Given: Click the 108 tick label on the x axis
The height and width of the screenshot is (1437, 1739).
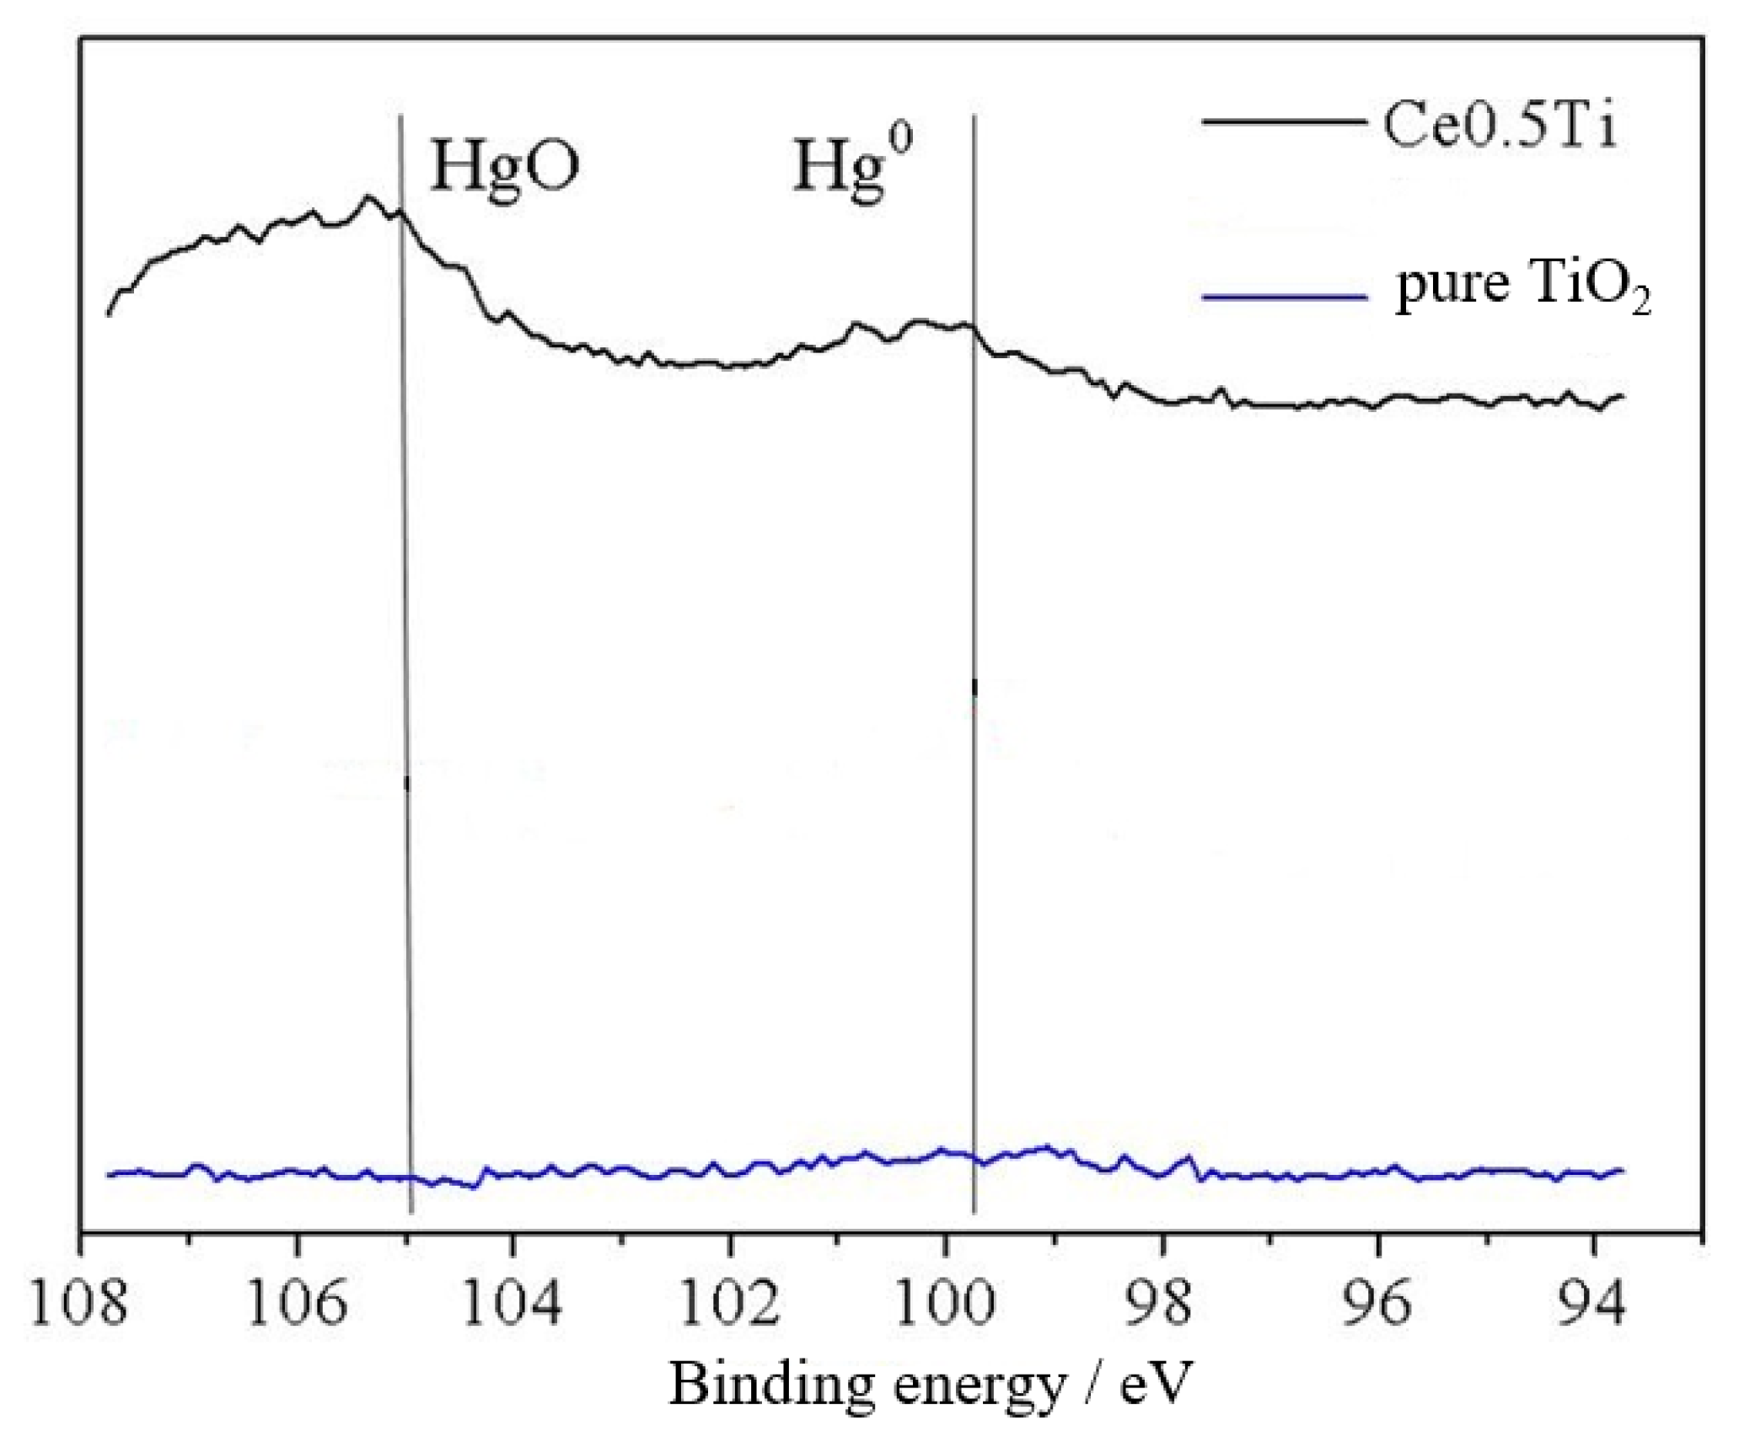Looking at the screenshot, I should click(x=78, y=1302).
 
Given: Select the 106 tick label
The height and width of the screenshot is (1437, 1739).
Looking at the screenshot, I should click(x=296, y=1302).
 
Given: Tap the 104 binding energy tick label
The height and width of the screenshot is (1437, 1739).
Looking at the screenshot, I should click(x=512, y=1302).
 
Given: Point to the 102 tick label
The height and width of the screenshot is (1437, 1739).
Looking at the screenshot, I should click(x=730, y=1302).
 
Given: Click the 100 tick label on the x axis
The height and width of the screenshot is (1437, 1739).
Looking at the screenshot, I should click(x=946, y=1302).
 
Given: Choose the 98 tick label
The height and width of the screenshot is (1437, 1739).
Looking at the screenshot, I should click(x=1163, y=1302).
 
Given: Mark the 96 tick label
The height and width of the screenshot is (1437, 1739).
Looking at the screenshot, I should click(x=1378, y=1302).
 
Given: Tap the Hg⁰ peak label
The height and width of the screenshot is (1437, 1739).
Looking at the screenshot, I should click(x=851, y=164).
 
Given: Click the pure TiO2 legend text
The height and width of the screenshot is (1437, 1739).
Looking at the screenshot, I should click(x=1522, y=287).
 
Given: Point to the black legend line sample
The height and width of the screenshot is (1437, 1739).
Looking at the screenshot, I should click(x=1283, y=122).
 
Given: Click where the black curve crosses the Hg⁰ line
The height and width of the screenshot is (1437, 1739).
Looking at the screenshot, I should click(x=974, y=331).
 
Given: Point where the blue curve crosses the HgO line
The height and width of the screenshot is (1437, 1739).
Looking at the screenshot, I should click(x=410, y=1177).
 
